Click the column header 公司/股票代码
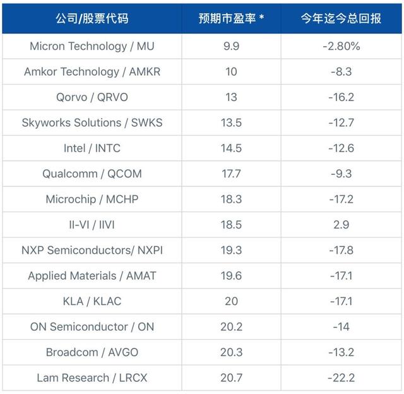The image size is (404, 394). pyautogui.click(x=92, y=18)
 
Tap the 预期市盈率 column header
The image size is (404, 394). pyautogui.click(x=231, y=18)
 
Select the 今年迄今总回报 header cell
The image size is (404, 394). pyautogui.click(x=341, y=18)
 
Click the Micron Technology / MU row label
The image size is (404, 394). pyautogui.click(x=92, y=46)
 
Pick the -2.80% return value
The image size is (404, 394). pyautogui.click(x=341, y=46)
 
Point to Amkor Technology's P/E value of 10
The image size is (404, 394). pyautogui.click(x=231, y=71)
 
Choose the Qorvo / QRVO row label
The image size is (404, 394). pyautogui.click(x=92, y=97)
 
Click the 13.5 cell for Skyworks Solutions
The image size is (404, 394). pyautogui.click(x=231, y=122)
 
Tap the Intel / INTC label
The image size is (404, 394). pyautogui.click(x=92, y=148)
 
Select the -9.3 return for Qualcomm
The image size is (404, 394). pyautogui.click(x=341, y=174)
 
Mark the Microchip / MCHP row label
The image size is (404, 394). pyautogui.click(x=92, y=199)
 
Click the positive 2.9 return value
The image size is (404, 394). pyautogui.click(x=341, y=225)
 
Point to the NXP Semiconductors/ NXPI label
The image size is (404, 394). pyautogui.click(x=92, y=250)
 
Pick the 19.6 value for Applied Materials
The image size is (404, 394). pyautogui.click(x=231, y=276)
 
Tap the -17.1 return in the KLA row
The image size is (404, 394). pyautogui.click(x=341, y=301)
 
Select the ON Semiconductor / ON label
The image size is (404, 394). pyautogui.click(x=92, y=326)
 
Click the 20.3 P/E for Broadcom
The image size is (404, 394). pyautogui.click(x=231, y=352)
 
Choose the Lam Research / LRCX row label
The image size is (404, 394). pyautogui.click(x=92, y=378)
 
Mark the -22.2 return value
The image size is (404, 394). pyautogui.click(x=341, y=378)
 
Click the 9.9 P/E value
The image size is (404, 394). pyautogui.click(x=231, y=46)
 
